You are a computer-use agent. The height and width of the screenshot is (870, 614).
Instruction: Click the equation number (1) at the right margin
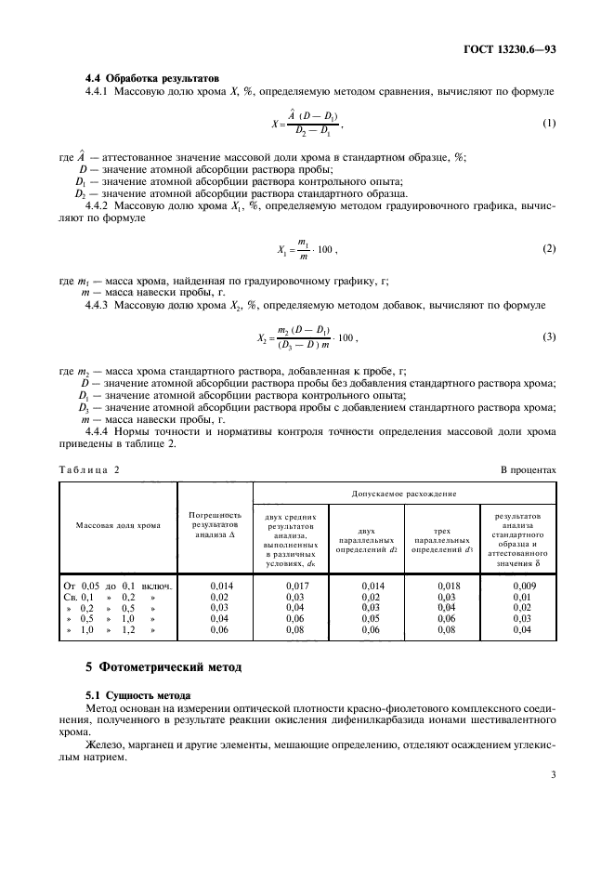548,123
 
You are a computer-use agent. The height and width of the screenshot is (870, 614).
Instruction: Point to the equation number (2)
548,250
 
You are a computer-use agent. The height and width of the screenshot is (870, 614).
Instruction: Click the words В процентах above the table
528,469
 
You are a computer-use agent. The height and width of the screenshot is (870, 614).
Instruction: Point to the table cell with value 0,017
293,585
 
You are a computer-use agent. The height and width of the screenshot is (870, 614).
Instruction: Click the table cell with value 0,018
448,585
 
